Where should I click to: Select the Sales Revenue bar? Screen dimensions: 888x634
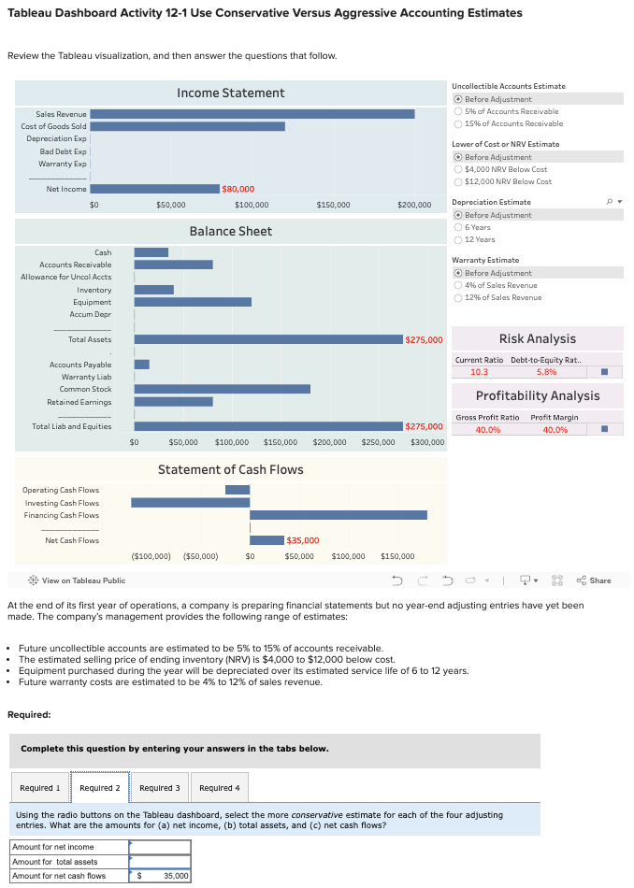point(252,114)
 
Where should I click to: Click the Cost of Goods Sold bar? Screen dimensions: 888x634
point(187,126)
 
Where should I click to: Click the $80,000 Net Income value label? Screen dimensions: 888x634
point(238,190)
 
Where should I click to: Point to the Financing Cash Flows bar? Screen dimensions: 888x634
point(339,515)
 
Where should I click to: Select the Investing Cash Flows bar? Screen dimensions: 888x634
point(191,502)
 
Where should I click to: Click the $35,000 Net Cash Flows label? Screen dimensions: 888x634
point(302,540)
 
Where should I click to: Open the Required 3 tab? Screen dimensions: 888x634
point(159,788)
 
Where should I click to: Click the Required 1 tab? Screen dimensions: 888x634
point(39,788)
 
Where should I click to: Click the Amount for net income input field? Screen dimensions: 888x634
point(159,847)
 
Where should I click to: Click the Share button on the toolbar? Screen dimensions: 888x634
point(594,580)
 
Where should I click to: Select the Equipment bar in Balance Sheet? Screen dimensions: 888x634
point(193,302)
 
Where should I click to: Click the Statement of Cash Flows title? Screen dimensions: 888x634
point(230,469)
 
